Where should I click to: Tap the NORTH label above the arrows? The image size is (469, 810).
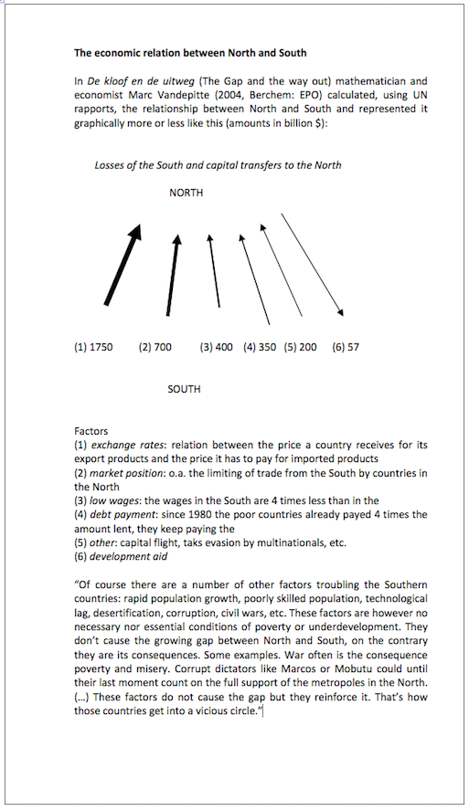186,193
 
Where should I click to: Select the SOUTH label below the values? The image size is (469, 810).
184,389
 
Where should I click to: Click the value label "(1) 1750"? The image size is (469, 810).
93,347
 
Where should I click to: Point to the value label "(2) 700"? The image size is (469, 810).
155,347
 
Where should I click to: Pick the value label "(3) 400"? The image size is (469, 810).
217,347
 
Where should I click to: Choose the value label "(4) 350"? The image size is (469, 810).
260,347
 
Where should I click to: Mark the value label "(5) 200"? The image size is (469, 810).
301,347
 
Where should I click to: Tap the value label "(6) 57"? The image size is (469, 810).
346,347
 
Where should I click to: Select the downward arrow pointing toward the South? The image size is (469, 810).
312,264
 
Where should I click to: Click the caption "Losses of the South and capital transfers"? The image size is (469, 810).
218,165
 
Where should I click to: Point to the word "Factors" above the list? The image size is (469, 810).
91,431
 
